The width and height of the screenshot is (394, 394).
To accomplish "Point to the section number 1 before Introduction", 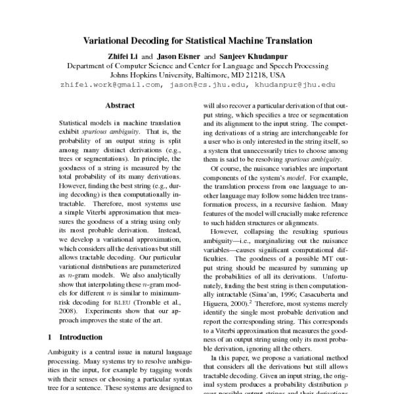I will point(51,337).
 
